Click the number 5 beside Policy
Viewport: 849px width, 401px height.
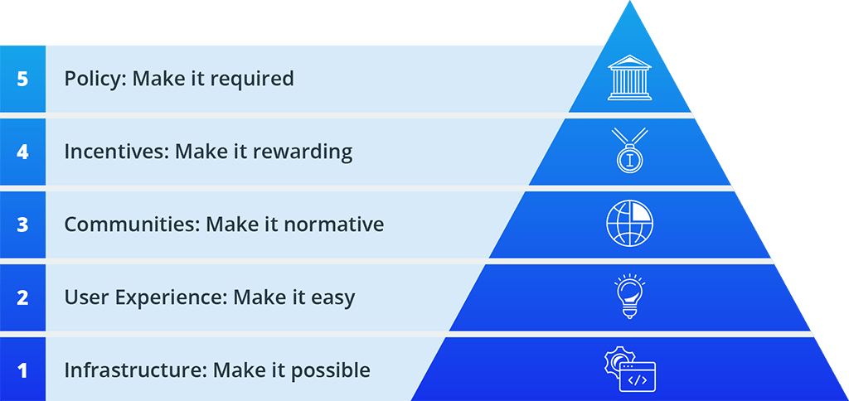22,79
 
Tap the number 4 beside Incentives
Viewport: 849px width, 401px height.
22,152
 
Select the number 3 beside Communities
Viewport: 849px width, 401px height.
22,225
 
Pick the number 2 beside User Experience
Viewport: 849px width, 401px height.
22,297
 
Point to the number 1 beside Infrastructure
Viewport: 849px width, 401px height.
22,370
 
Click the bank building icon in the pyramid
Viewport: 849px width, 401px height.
629,78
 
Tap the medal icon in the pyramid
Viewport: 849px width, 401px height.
629,151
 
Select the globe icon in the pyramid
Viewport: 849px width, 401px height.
629,224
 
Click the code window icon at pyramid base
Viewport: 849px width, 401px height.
629,370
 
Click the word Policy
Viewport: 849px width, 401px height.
93,79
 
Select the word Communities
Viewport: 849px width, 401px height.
129,225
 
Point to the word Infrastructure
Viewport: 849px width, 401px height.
133,370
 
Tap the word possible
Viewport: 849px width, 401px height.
330,370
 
